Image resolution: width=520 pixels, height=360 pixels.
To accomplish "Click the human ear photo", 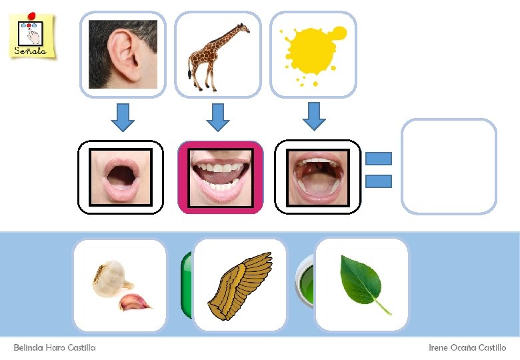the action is [123, 54].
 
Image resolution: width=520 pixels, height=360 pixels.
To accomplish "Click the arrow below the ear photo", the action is [122, 116].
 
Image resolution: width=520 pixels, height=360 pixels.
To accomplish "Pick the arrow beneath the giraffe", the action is [217, 116].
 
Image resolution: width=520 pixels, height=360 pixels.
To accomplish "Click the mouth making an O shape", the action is [121, 177].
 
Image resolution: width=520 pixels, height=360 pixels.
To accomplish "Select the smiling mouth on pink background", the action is [220, 177].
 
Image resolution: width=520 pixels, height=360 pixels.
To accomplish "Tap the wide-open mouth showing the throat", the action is [318, 177].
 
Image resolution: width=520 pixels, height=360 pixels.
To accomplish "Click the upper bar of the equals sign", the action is [379, 159].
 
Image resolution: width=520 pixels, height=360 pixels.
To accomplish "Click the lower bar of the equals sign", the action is [379, 181].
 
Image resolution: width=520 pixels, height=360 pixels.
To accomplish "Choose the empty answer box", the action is [449, 166].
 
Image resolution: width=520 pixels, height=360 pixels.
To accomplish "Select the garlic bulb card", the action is [119, 285].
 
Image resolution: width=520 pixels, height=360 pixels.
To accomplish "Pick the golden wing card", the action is [240, 285].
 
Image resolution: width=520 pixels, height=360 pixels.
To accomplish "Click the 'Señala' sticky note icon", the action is [31, 35].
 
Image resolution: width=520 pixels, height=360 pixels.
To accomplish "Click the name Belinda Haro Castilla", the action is [55, 348].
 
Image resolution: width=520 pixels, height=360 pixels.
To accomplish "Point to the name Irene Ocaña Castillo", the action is [467, 348].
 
